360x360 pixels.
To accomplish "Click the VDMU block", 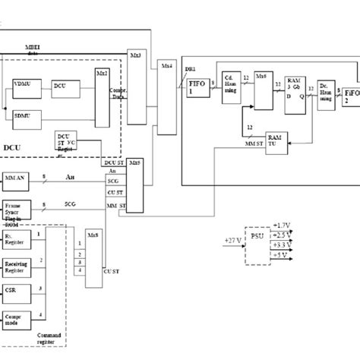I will [x=27, y=87].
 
